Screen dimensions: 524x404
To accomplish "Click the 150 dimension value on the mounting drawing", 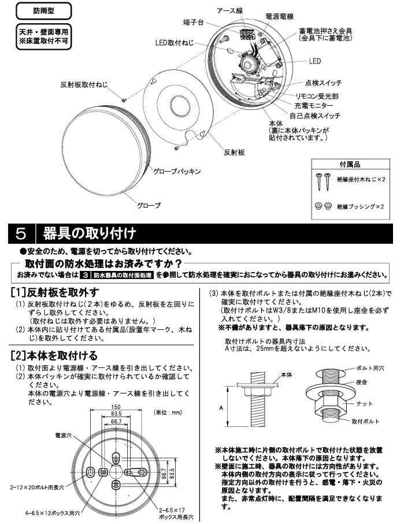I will click(116, 406).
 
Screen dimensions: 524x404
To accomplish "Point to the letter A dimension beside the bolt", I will click(221, 407).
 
